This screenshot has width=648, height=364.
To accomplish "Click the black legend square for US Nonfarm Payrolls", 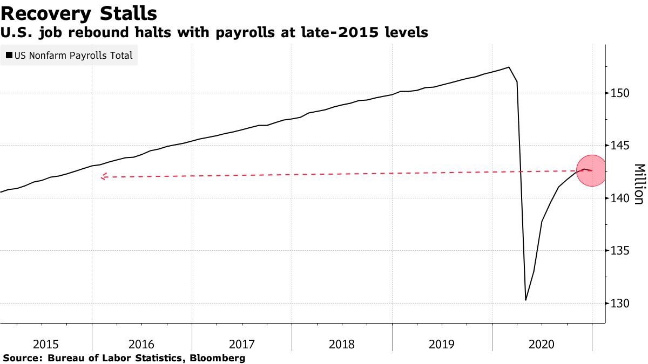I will (9, 55).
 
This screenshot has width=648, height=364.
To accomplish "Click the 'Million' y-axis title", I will (639, 184).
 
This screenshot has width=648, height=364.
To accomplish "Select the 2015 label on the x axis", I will (46, 344).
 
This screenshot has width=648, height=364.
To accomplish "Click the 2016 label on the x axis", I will (141, 344).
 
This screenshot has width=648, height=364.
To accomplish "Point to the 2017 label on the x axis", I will (242, 344).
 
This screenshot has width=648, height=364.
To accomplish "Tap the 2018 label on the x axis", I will (342, 344).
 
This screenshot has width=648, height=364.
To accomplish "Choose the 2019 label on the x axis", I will (442, 344).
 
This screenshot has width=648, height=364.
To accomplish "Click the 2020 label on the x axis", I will (542, 344).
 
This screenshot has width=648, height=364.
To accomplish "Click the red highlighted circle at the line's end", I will (592, 170).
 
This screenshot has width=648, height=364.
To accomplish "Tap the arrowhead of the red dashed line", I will (103, 176).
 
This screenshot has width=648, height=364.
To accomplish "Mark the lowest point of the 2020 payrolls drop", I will (525, 300).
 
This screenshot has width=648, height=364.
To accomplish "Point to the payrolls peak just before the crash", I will (509, 67).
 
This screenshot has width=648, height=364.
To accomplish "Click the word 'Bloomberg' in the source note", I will (219, 358).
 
